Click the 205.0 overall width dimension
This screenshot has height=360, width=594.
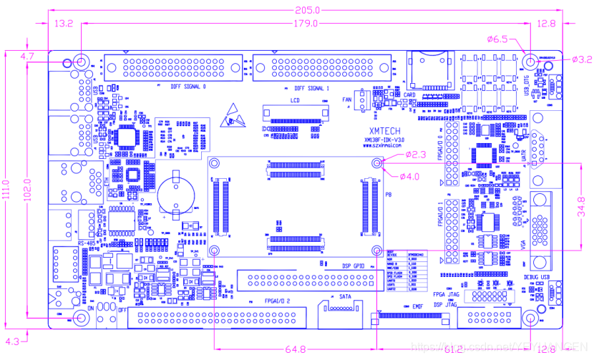pos(307,10)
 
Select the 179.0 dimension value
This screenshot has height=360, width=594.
pos(305,24)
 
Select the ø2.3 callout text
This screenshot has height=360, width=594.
pos(416,154)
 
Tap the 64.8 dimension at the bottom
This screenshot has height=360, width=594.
pos(295,349)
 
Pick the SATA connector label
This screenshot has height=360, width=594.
pos(344,296)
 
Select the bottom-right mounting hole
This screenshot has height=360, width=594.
pos(530,318)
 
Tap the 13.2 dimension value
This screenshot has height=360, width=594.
pos(64,24)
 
